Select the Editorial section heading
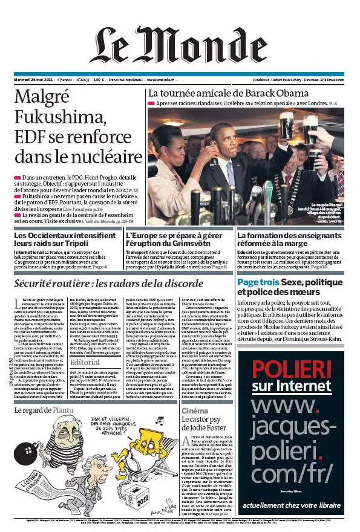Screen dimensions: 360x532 (85, 362)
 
